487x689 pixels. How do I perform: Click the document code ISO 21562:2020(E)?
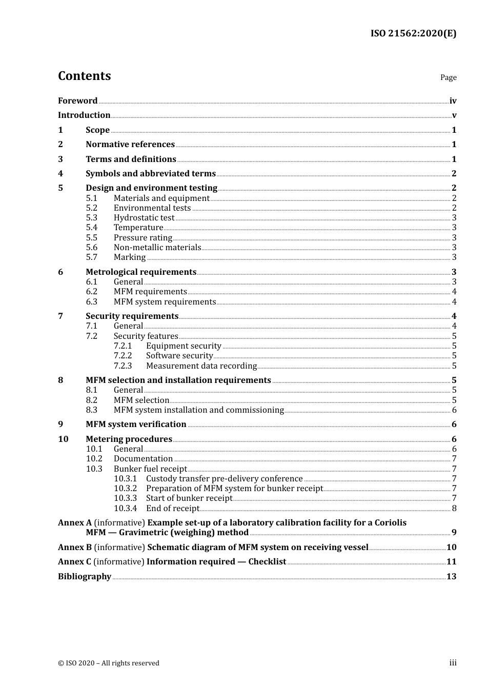click(413, 33)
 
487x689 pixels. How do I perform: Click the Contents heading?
click(84, 76)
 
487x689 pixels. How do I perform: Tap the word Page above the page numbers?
click(448, 77)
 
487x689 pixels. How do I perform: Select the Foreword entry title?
click(77, 101)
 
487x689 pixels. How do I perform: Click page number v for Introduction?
click(454, 115)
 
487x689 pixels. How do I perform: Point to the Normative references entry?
click(130, 145)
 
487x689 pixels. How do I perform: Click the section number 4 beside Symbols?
click(60, 174)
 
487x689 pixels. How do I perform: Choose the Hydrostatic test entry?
click(144, 218)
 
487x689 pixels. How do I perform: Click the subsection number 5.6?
click(92, 248)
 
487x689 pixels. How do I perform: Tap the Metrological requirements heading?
click(141, 272)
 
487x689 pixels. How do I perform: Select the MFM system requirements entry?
click(165, 302)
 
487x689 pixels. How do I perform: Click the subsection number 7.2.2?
click(123, 356)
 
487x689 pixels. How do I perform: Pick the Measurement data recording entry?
click(201, 366)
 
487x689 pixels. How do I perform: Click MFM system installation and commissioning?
click(198, 410)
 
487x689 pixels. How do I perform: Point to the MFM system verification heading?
click(136, 424)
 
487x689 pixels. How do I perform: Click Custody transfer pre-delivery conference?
click(224, 479)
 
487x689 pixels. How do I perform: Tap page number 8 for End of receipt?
click(454, 509)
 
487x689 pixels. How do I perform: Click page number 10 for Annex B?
click(451, 548)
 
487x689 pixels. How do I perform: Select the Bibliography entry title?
click(85, 577)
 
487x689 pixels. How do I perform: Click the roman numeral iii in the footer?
click(453, 663)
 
